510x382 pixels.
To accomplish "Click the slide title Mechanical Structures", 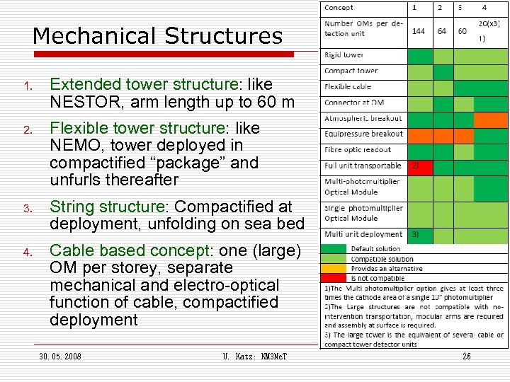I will (x=157, y=35).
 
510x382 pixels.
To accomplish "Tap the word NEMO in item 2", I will (x=76, y=146).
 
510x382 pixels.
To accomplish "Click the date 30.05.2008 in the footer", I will (x=60, y=357).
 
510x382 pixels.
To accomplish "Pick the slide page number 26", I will (x=467, y=357).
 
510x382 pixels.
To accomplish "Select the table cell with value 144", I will (x=419, y=31).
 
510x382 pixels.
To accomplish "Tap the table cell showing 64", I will (x=442, y=31).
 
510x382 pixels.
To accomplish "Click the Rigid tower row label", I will (x=344, y=55).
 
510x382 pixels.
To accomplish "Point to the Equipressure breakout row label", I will (x=363, y=134).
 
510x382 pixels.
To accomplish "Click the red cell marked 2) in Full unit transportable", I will (x=419, y=166).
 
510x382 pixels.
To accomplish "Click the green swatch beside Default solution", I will (x=335, y=249).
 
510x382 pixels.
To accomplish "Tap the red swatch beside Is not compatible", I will (x=335, y=278).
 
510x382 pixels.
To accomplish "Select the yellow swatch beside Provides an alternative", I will (x=335, y=269).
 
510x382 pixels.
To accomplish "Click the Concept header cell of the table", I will (x=339, y=8).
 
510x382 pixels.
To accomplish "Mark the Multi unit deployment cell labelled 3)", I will (x=419, y=234).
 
